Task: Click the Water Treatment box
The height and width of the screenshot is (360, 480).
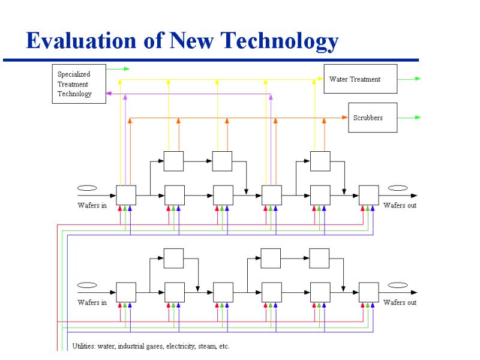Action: click(361, 79)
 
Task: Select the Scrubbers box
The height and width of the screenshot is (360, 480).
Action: click(373, 118)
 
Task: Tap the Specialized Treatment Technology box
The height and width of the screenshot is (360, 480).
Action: click(79, 84)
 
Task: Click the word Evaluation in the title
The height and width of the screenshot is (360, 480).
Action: click(81, 40)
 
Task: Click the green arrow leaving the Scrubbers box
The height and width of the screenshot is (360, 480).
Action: click(409, 118)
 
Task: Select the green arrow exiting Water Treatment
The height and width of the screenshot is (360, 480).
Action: click(409, 79)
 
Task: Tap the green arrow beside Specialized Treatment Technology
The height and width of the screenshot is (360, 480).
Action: click(118, 69)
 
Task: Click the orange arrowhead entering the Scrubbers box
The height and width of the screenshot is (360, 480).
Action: click(344, 117)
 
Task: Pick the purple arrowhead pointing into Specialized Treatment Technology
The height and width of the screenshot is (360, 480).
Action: click(109, 94)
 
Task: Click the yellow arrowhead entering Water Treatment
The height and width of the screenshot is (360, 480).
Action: click(320, 79)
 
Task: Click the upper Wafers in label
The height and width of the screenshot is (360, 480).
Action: click(92, 205)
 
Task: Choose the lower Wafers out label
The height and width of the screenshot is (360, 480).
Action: click(400, 302)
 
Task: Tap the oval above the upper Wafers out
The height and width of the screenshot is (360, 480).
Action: click(398, 188)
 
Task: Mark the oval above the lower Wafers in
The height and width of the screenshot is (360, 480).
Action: click(87, 285)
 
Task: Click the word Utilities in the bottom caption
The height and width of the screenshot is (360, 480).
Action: click(84, 346)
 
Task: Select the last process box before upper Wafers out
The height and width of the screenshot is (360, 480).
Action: click(369, 195)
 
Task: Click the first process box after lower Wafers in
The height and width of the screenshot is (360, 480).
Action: click(126, 292)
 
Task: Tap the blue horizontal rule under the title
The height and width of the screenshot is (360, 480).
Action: click(211, 60)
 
